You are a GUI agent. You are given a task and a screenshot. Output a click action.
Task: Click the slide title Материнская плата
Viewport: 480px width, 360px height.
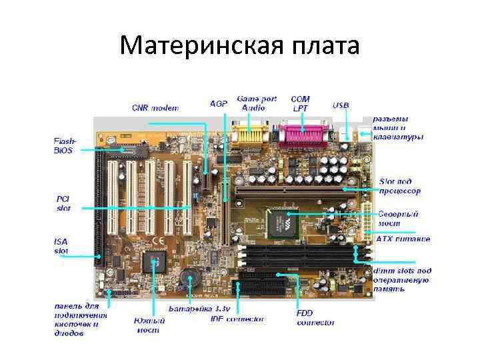[240, 46]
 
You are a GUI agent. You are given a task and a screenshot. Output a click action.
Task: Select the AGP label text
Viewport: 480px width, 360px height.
[219, 104]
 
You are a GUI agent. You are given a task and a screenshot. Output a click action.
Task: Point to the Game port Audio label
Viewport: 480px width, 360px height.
[257, 103]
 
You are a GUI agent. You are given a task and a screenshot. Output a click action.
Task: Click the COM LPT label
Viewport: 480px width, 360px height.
[301, 103]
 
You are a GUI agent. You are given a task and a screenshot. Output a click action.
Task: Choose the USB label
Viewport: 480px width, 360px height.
[341, 105]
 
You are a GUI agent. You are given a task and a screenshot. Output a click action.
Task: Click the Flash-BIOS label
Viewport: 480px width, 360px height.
[65, 146]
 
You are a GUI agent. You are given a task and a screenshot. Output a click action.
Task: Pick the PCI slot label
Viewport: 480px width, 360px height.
[63, 203]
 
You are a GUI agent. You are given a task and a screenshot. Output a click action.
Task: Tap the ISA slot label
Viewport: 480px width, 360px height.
[61, 246]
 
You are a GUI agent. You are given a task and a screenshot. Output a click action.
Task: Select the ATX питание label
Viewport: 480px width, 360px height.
[403, 239]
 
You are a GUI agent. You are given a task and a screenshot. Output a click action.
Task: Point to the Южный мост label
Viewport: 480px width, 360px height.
[149, 325]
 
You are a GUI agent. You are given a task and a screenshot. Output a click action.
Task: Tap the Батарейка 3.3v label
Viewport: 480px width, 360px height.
[199, 309]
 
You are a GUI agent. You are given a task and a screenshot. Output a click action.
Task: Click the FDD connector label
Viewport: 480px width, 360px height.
[315, 318]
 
